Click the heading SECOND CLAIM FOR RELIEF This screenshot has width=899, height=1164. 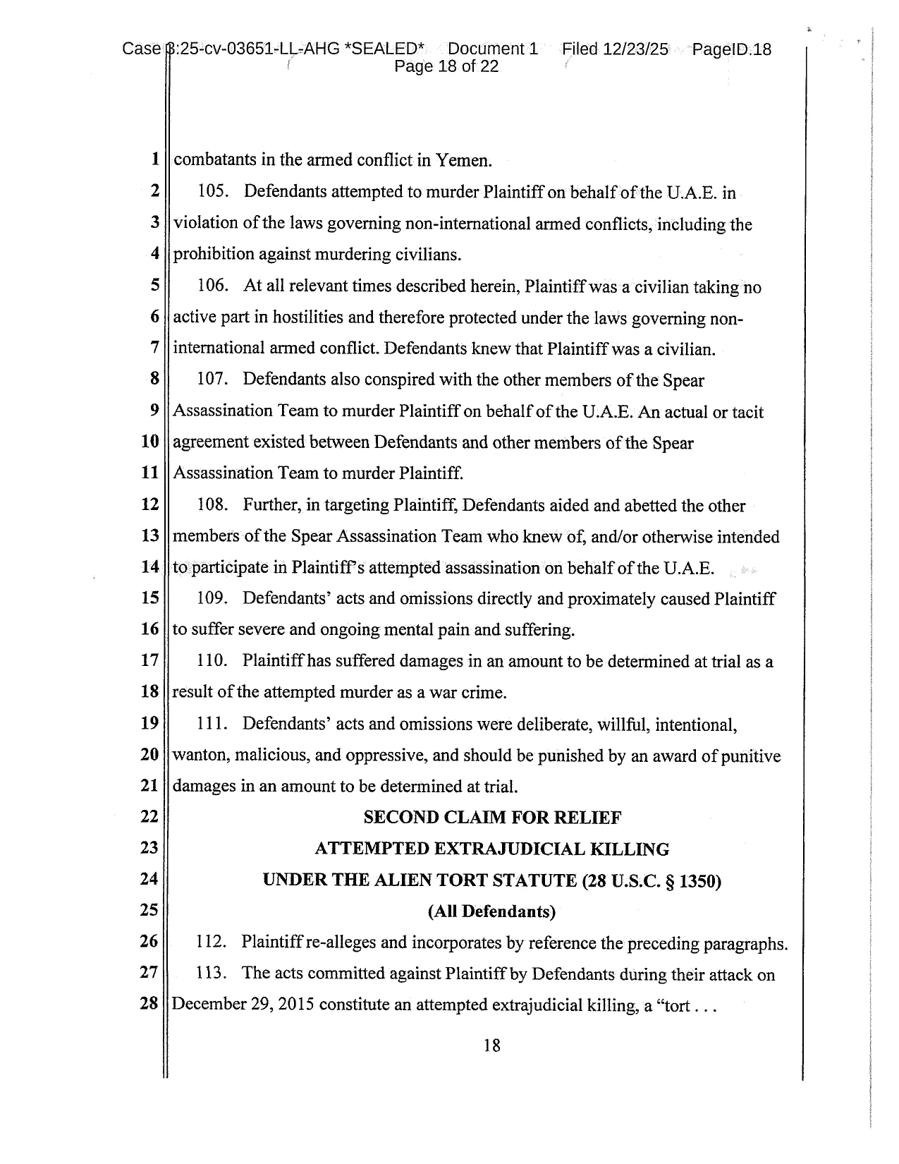tap(492, 818)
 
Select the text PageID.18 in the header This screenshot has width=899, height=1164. tap(732, 49)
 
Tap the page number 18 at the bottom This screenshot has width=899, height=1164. tap(492, 1045)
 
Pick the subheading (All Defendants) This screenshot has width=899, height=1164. tap(492, 911)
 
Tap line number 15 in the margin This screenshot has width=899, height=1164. tap(149, 598)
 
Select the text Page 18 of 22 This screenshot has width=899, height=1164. tap(446, 67)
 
